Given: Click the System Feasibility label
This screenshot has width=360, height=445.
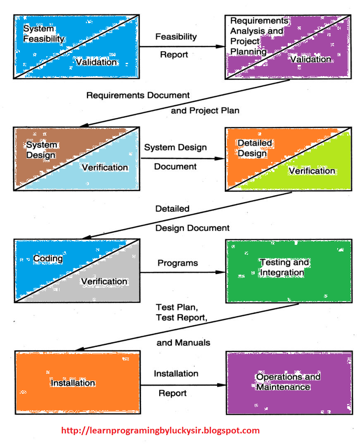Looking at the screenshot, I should click(44, 34).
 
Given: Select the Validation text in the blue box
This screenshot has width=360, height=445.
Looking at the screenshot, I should click(96, 62).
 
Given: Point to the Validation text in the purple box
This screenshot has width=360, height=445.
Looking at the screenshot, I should click(310, 60).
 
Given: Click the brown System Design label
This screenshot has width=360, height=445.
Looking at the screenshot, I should click(41, 150).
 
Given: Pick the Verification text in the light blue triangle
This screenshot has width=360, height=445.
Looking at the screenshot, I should click(105, 167).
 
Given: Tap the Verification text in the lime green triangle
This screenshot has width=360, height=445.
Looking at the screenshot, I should click(312, 171).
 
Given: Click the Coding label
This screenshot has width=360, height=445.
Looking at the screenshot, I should click(48, 259).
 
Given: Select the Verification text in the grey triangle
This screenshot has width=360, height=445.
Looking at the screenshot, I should click(104, 281).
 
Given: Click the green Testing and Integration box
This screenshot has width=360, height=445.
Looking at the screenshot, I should click(288, 271).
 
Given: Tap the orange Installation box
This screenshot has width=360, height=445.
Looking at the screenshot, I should click(77, 383).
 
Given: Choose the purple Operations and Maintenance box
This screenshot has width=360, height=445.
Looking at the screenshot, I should click(288, 382).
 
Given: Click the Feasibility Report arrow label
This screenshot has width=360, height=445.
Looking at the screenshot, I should click(176, 45).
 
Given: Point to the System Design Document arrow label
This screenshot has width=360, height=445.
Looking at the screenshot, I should click(175, 157).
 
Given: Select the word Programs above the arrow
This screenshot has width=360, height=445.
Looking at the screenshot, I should click(178, 263).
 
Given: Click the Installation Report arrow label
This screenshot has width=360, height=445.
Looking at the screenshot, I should click(176, 383).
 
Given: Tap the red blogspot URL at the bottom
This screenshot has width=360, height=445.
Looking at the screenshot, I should click(160, 431).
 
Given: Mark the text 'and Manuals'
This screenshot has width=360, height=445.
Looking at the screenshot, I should click(183, 343).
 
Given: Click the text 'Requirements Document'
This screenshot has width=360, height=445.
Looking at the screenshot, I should click(138, 96).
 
